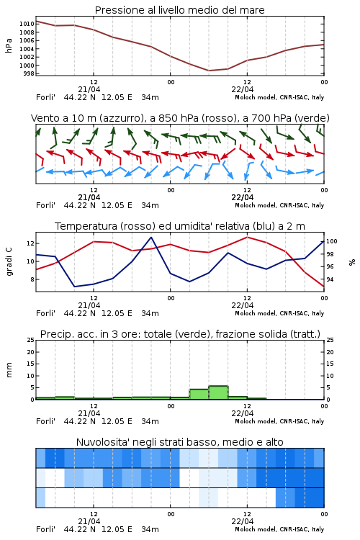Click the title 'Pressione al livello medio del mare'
(x=179, y=10)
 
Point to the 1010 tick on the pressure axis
(x=27, y=24)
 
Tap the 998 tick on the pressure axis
(x=29, y=73)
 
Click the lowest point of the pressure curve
(x=209, y=71)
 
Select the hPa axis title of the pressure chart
(x=9, y=45)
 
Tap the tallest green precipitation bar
(x=218, y=392)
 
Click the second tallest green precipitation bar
(x=199, y=395)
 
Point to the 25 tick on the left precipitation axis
(x=31, y=340)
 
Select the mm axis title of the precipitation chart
(x=9, y=370)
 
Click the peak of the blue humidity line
(x=151, y=237)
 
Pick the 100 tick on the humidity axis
(x=331, y=241)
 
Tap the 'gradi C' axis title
(x=9, y=261)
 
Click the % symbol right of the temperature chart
(x=352, y=262)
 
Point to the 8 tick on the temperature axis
(x=32, y=279)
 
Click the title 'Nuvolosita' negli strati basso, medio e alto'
(x=179, y=442)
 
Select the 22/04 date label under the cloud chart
(x=243, y=521)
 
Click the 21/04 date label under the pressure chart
(x=89, y=89)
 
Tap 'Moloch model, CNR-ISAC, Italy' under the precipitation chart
(x=279, y=421)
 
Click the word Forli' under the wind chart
(x=45, y=205)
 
